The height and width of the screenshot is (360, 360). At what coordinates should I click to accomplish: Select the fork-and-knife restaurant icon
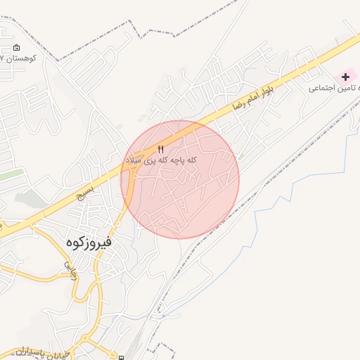(160, 148)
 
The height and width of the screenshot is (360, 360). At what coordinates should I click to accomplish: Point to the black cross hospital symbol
(345, 76)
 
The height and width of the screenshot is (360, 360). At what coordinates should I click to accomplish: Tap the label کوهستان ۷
(15, 60)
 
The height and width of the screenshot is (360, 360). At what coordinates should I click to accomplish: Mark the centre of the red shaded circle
(180, 180)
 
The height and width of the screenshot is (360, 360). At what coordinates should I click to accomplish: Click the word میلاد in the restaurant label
(134, 160)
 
